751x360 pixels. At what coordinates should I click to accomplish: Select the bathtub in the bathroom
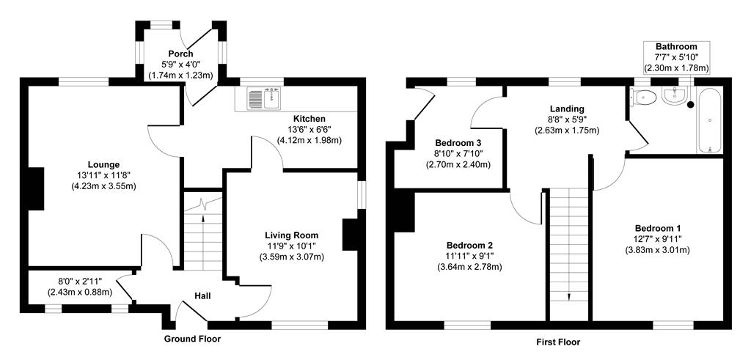coord(710,120)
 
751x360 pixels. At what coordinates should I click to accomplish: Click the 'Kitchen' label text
coord(309,119)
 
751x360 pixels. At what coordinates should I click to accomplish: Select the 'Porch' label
coord(180,54)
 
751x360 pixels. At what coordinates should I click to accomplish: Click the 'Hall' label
coord(202,295)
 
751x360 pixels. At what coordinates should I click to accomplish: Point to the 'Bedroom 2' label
coord(469,245)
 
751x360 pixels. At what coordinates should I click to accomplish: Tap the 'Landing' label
coord(566,109)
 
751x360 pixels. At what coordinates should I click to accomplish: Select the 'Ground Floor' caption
coord(191,339)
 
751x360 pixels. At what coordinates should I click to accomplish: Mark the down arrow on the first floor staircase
coord(569,295)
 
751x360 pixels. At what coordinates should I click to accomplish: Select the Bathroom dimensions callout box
coord(676,57)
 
